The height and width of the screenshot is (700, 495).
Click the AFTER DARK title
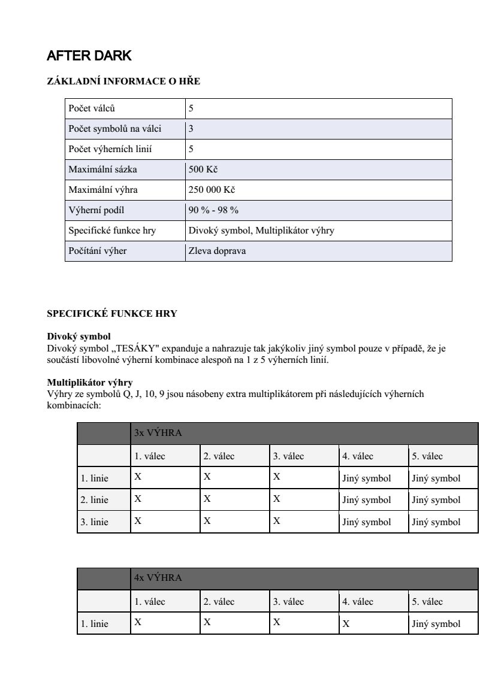[89, 56]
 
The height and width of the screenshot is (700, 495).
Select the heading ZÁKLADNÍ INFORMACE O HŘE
[123, 82]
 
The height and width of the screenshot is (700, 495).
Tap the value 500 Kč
[203, 169]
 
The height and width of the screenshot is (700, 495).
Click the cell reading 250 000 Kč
[211, 190]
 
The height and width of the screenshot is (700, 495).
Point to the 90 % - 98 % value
[213, 210]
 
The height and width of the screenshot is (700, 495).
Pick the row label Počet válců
[92, 108]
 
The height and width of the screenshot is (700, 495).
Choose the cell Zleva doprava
[217, 251]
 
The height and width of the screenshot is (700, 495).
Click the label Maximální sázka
[102, 169]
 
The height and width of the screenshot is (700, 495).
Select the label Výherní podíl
[96, 210]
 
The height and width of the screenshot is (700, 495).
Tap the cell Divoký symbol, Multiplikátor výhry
[261, 231]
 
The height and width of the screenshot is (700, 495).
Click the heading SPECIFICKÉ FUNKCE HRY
[112, 314]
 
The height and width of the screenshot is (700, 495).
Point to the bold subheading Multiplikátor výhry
[90, 382]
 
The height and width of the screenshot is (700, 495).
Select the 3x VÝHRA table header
[158, 433]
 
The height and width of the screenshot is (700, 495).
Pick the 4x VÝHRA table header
[158, 578]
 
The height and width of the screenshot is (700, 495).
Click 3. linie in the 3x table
[95, 522]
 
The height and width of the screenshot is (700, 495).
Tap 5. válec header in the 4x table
[427, 602]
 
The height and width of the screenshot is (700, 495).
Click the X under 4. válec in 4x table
[346, 624]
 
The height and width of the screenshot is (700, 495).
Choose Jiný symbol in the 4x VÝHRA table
[436, 624]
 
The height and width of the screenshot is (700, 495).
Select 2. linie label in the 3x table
[95, 500]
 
